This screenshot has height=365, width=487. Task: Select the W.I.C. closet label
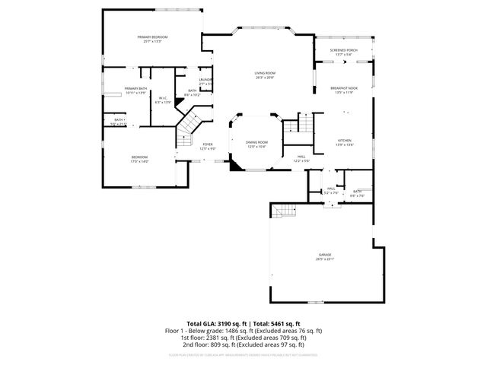click(163, 99)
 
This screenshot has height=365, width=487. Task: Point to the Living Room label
click(265, 74)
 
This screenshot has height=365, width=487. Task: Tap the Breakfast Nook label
click(344, 89)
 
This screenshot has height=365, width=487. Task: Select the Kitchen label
click(345, 141)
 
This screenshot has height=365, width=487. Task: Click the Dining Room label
click(256, 143)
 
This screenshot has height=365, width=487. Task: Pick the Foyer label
click(207, 145)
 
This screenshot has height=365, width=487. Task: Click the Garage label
click(325, 255)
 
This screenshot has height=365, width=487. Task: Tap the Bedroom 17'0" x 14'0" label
click(139, 158)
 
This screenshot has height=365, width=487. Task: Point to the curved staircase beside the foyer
click(189, 124)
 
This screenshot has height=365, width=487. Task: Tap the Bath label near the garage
click(358, 192)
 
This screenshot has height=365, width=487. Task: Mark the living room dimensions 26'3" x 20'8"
click(265, 78)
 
